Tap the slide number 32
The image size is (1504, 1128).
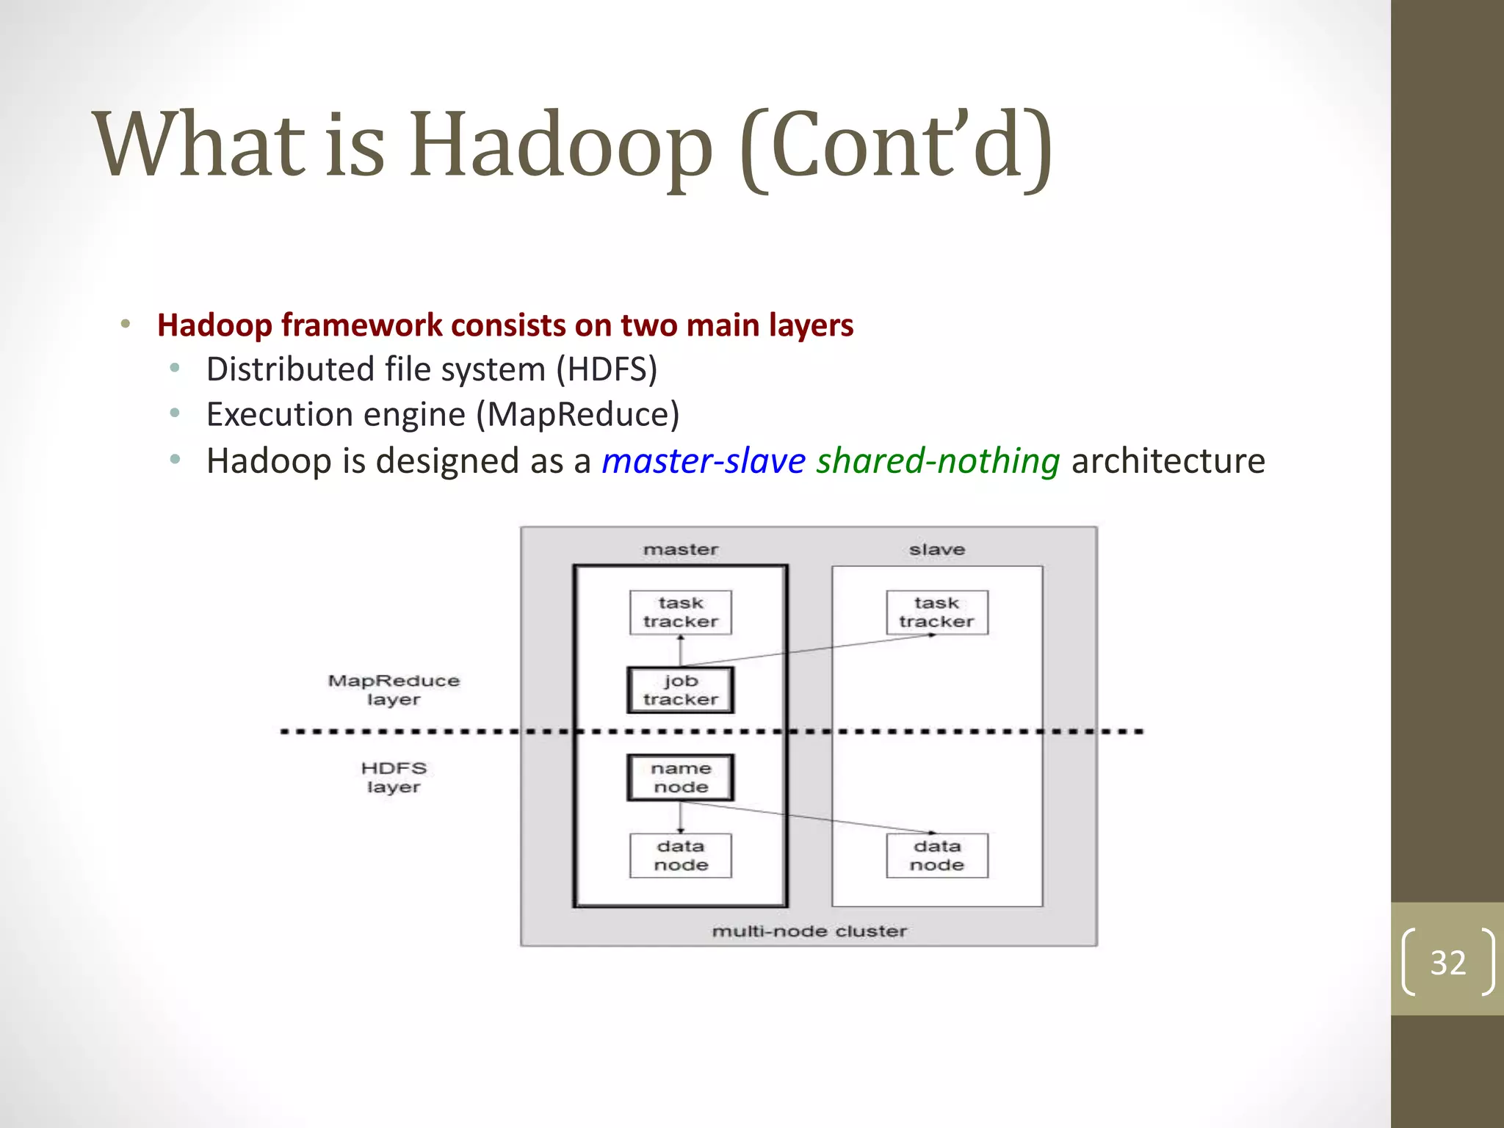tap(1447, 963)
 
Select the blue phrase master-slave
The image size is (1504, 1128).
tap(704, 461)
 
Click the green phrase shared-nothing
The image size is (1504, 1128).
tap(938, 461)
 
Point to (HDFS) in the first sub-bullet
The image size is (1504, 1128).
tap(606, 369)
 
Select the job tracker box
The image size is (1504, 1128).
tap(680, 690)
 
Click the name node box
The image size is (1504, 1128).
tap(680, 777)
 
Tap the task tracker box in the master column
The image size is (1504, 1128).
tap(680, 612)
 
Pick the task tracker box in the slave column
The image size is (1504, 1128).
tap(936, 612)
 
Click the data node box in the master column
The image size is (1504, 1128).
tap(680, 856)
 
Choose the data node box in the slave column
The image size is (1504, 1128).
tap(936, 856)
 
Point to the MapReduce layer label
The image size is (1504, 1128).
tap(394, 690)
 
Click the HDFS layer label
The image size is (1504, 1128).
tap(394, 777)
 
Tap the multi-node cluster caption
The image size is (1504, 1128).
tap(809, 931)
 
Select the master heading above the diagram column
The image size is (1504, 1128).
tap(680, 549)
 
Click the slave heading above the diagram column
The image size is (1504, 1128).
tap(936, 549)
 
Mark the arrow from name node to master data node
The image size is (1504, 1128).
tap(681, 817)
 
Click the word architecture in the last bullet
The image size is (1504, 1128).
tap(1168, 461)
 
